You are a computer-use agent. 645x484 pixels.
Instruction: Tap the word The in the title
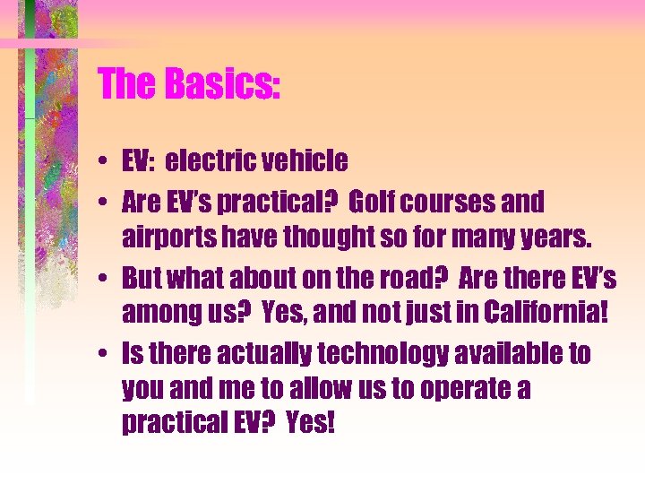125,84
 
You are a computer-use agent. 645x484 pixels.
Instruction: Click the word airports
168,237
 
